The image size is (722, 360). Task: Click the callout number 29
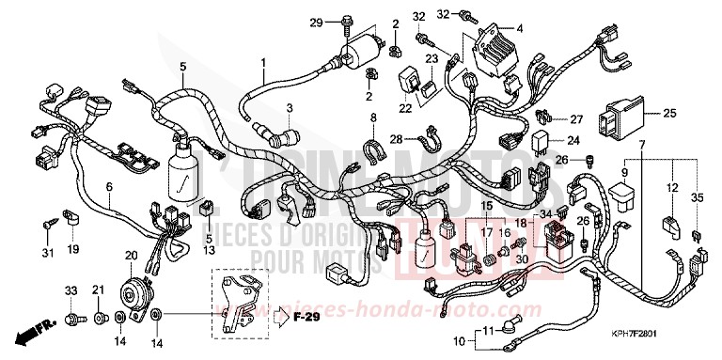coord(317,22)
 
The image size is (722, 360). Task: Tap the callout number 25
coord(669,114)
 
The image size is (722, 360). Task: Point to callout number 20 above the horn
coord(130,256)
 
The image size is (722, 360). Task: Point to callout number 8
coord(373,117)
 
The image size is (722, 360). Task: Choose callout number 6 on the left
coord(109,187)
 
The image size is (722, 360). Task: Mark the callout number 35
coord(697,197)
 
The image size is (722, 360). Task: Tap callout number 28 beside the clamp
coord(396,139)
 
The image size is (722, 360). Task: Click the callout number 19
coord(72,251)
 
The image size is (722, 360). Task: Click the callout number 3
coord(290,108)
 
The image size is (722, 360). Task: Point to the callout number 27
coord(575,119)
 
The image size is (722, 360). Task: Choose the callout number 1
coord(264,63)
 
